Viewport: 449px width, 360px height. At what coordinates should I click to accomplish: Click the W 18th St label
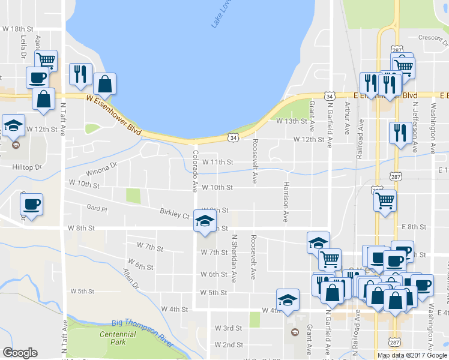click(x=17, y=29)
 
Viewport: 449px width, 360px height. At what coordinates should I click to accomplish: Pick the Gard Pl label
click(x=96, y=209)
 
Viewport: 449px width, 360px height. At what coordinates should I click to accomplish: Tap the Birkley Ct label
click(x=175, y=213)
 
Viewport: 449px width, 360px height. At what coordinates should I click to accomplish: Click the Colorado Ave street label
click(x=194, y=170)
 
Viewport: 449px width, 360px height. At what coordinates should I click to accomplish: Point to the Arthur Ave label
click(x=347, y=118)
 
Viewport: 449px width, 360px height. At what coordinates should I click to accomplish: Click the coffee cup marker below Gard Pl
click(x=31, y=205)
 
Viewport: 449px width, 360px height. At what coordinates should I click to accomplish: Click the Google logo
click(x=20, y=353)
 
